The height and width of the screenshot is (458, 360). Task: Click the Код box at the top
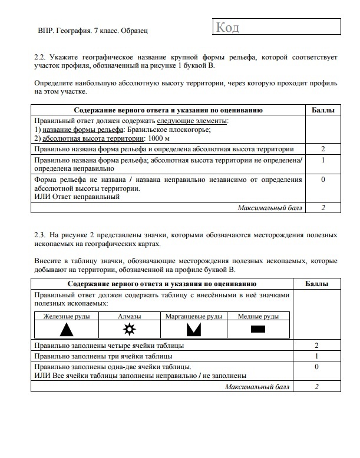tap(275, 27)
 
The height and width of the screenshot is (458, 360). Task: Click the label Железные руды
tap(67, 316)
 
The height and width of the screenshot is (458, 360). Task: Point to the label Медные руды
tap(258, 316)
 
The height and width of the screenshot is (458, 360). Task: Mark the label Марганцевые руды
tap(194, 316)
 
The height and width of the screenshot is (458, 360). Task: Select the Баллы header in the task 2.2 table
tap(323, 110)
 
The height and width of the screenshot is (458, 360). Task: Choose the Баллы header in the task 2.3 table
tap(317, 284)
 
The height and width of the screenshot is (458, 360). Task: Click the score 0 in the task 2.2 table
tap(323, 180)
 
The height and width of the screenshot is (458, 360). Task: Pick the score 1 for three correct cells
tap(317, 356)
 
